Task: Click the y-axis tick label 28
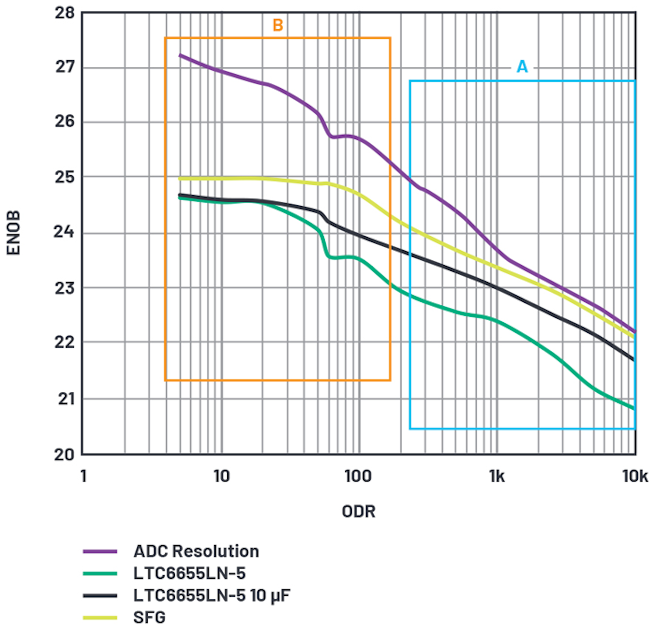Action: pyautogui.click(x=64, y=13)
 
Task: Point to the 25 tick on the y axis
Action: pyautogui.click(x=64, y=177)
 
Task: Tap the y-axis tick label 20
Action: pyautogui.click(x=64, y=454)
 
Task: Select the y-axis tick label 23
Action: pyautogui.click(x=64, y=288)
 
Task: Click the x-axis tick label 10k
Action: pyautogui.click(x=635, y=477)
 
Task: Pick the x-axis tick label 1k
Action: pyautogui.click(x=497, y=477)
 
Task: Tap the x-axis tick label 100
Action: pyautogui.click(x=358, y=477)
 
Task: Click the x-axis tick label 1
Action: pyautogui.click(x=83, y=477)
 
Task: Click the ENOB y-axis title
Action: pyautogui.click(x=14, y=233)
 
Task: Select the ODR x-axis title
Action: pyautogui.click(x=359, y=512)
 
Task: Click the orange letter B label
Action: pyautogui.click(x=277, y=25)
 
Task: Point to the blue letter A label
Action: pyautogui.click(x=522, y=67)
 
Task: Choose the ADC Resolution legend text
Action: pyautogui.click(x=196, y=551)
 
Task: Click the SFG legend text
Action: pyautogui.click(x=149, y=618)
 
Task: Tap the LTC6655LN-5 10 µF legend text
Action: pyautogui.click(x=211, y=595)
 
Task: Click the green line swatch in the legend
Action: pyautogui.click(x=100, y=573)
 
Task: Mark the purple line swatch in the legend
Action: pyautogui.click(x=100, y=552)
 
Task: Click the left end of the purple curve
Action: pyautogui.click(x=180, y=55)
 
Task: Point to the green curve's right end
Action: pyautogui.click(x=634, y=408)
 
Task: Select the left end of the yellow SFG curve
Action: pyautogui.click(x=180, y=179)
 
